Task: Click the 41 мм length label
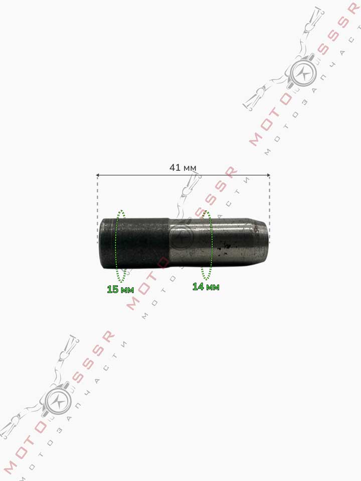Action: [183, 167]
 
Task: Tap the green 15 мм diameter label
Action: [120, 289]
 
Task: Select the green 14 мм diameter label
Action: [206, 287]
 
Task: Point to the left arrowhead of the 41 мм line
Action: [98, 175]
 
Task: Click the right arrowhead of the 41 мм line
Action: [268, 175]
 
